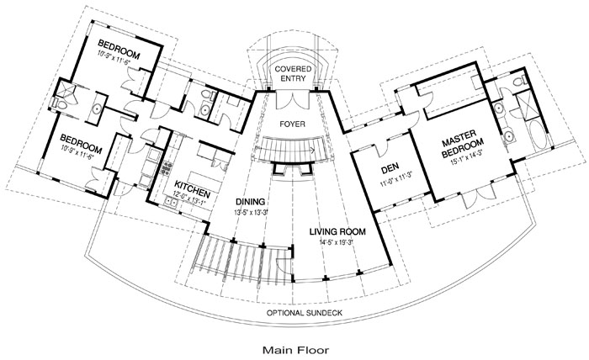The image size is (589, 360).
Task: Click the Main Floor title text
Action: tap(295, 350)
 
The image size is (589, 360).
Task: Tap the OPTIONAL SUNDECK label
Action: tap(305, 313)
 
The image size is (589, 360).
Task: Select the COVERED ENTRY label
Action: tap(293, 73)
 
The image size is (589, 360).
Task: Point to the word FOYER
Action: tap(292, 124)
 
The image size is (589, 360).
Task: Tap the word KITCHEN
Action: tap(192, 189)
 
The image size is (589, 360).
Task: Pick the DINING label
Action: tap(250, 202)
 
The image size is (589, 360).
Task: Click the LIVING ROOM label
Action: tap(337, 231)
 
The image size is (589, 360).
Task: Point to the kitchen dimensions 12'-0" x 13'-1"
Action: tap(189, 198)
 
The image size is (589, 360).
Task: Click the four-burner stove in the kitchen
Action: tap(166, 167)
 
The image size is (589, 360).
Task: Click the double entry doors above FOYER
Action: tap(293, 99)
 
